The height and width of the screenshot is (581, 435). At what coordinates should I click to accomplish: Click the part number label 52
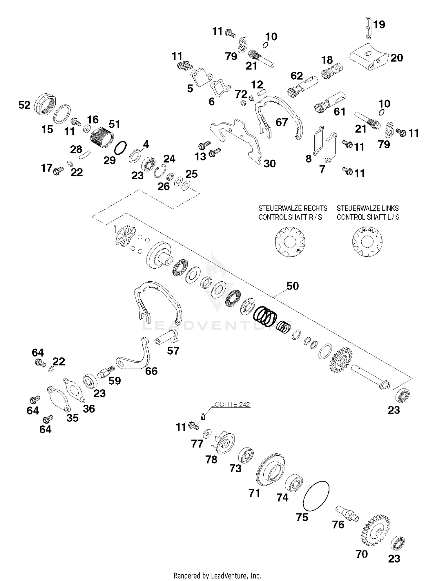(x=24, y=105)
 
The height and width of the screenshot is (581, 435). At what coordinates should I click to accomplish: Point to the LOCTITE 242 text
(x=231, y=404)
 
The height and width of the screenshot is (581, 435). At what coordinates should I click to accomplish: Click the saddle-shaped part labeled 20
(x=368, y=57)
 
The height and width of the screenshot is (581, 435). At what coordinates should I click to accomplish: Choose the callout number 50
(x=293, y=286)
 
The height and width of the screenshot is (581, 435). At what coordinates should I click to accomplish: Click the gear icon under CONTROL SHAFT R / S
(x=290, y=242)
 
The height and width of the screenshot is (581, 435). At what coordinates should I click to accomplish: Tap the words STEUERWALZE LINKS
(x=367, y=208)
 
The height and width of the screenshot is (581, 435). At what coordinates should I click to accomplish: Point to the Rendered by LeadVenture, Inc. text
(x=217, y=575)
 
